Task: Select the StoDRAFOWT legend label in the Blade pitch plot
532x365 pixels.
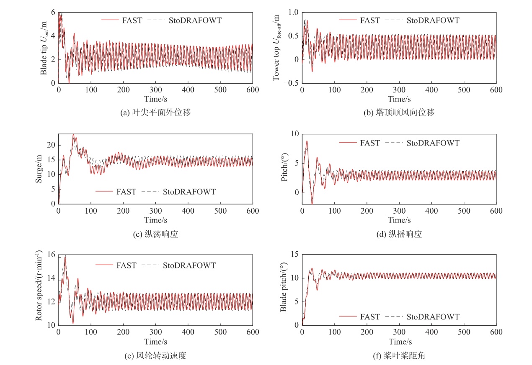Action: click(x=433, y=317)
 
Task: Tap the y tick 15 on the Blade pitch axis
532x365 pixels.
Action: click(x=294, y=254)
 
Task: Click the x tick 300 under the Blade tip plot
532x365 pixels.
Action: click(x=155, y=90)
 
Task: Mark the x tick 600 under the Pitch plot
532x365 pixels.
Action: click(x=496, y=211)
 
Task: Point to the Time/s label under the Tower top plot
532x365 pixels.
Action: click(x=399, y=99)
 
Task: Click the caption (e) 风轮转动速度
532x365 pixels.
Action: click(x=156, y=356)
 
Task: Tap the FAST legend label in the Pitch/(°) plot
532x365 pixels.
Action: click(x=370, y=143)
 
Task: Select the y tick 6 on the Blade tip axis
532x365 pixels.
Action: click(x=53, y=13)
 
